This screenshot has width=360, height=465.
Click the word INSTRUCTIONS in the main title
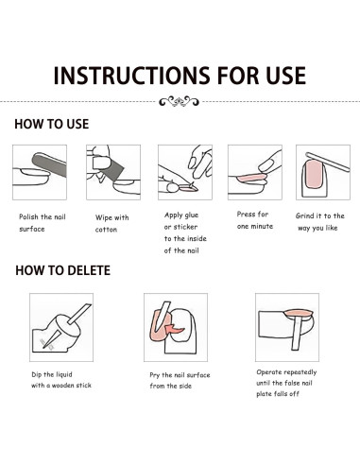click(131, 76)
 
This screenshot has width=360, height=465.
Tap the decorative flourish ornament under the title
click(179, 101)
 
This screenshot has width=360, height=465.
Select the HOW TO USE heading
click(52, 124)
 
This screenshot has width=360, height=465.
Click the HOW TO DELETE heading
click(63, 270)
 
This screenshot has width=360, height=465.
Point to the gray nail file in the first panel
click(49, 164)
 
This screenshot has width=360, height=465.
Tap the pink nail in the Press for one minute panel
click(251, 178)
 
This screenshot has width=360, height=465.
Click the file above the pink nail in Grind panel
click(328, 162)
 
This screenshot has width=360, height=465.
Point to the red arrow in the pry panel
click(174, 329)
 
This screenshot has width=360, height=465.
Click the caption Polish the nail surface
click(43, 223)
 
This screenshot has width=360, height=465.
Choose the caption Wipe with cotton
click(111, 223)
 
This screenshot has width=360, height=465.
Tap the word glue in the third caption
click(190, 215)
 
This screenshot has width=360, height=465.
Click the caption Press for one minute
click(255, 220)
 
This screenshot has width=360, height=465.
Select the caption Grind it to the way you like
click(319, 222)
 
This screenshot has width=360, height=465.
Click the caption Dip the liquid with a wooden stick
click(61, 380)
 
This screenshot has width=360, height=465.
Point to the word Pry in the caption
click(155, 375)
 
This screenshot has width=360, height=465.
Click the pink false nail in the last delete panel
click(298, 314)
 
